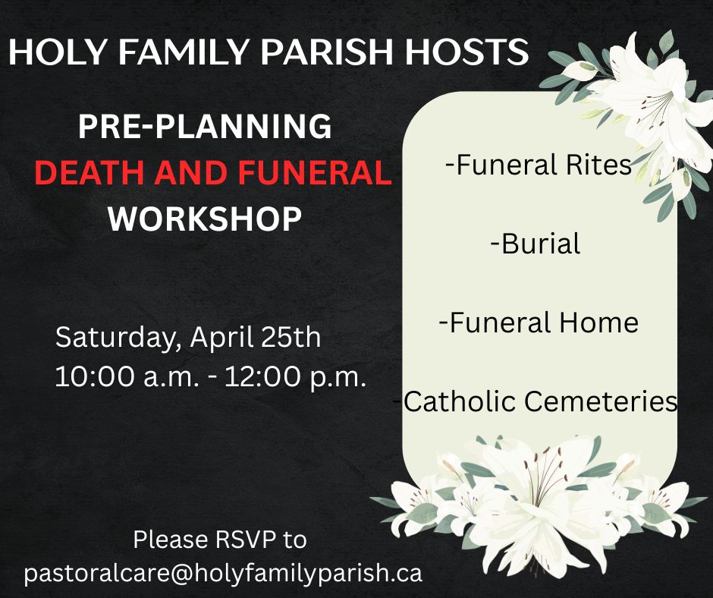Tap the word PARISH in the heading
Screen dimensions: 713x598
(326, 51)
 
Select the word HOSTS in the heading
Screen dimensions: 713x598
(466, 51)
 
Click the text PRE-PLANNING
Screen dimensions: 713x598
(205, 126)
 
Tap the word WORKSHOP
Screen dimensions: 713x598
(205, 219)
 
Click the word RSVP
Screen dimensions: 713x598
(245, 540)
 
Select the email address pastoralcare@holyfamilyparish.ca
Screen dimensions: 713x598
(223, 572)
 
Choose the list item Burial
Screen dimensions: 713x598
(536, 244)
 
